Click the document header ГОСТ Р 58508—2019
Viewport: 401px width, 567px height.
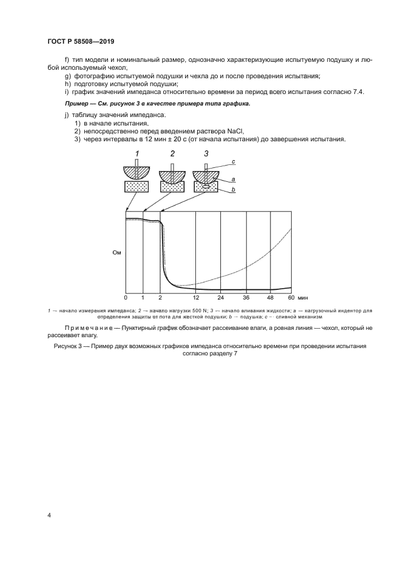coord(81,41)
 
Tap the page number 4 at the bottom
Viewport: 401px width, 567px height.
coord(49,515)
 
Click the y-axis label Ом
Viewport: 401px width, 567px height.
coord(117,253)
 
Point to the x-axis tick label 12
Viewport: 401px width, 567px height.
coord(196,298)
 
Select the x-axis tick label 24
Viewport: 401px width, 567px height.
coord(221,298)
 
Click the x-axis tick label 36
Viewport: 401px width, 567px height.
coord(246,298)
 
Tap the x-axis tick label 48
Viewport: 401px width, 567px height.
coord(270,298)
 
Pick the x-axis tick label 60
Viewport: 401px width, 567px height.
coord(291,298)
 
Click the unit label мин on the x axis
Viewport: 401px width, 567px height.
coord(303,298)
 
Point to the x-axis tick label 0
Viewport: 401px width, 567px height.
coord(126,298)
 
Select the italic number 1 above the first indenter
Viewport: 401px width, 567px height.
coord(138,154)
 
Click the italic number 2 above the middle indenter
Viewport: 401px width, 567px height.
coord(172,154)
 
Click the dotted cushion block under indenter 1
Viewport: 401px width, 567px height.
coord(138,188)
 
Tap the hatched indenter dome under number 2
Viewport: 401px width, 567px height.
coord(172,175)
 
